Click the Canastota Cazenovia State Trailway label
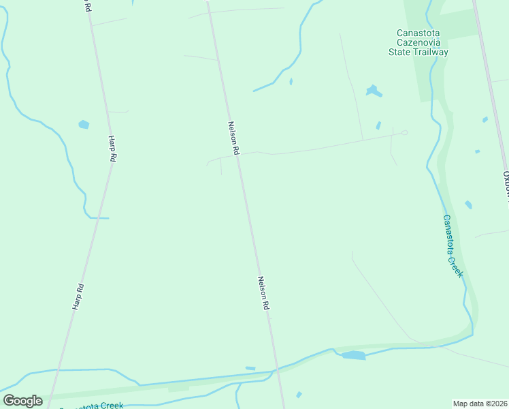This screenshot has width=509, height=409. tap(418, 42)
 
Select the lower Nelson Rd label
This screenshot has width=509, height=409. tap(263, 293)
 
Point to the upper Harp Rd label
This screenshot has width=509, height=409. tap(112, 148)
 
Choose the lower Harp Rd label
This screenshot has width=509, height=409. tap(78, 297)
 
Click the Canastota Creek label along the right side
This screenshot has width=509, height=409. tap(453, 245)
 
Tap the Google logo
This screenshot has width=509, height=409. tap(22, 400)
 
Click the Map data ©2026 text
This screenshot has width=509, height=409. tap(480, 404)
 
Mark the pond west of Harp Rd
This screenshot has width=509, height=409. tap(84, 125)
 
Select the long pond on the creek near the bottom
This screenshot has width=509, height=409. tap(353, 355)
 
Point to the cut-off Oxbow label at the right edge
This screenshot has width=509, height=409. tap(505, 184)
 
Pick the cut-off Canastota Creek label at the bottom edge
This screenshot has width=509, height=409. tap(93, 406)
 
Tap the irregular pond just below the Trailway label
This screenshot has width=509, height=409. tap(372, 90)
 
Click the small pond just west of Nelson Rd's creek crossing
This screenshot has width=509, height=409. tap(250, 369)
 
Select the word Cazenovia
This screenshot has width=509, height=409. tap(418, 42)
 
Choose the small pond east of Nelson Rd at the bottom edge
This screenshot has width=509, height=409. tap(299, 394)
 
